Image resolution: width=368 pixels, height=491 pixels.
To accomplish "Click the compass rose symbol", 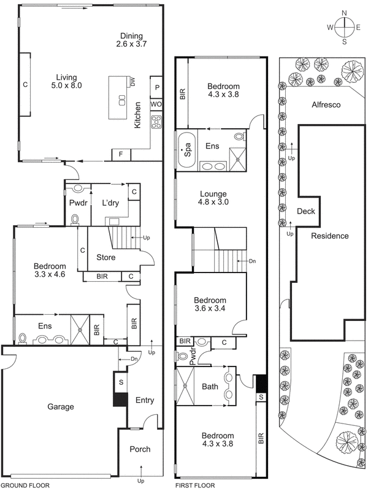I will [x=345, y=27].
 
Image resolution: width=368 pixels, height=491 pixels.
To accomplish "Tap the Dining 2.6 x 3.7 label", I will [x=131, y=40].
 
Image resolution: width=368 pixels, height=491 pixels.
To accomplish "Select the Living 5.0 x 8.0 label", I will [x=66, y=82].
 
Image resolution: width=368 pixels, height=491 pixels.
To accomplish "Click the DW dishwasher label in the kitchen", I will [x=132, y=82].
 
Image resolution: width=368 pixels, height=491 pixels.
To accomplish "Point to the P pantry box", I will [x=157, y=88].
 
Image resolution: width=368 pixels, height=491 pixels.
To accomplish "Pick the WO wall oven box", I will [x=156, y=104].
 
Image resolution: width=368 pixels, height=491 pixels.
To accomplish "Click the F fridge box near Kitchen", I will [x=121, y=154].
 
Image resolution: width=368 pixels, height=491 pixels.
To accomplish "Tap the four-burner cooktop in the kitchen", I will [x=156, y=122].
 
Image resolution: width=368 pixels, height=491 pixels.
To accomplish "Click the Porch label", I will [x=140, y=449].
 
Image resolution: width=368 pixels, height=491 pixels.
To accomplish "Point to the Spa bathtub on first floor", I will [x=186, y=149].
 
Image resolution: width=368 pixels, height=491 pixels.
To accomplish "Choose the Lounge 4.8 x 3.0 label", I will [x=213, y=198].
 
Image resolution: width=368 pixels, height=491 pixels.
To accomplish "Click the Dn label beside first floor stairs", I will [x=253, y=261].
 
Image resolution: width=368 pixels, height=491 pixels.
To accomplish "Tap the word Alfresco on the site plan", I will [x=326, y=104].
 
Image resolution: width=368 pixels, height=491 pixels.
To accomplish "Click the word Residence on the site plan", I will [x=329, y=236].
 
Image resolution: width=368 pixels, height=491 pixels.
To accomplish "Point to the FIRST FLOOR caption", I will [x=195, y=485].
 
